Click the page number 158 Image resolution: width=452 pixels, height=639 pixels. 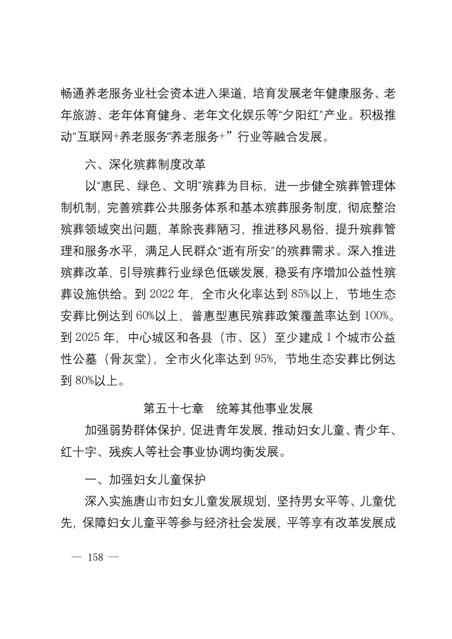(95, 557)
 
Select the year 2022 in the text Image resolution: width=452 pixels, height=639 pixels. (161, 294)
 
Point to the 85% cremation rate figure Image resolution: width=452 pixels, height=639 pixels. (300, 294)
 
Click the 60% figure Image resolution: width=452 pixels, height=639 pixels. (146, 316)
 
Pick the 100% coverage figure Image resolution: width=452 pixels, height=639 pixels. (377, 316)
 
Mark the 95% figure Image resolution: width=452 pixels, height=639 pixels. (264, 359)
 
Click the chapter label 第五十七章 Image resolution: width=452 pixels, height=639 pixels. (173, 408)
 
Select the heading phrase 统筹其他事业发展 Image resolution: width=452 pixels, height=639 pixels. (265, 408)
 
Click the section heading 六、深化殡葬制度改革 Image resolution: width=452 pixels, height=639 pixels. (145, 165)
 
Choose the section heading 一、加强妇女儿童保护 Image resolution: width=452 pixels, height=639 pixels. (145, 479)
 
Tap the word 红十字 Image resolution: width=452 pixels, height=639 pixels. (79, 452)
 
